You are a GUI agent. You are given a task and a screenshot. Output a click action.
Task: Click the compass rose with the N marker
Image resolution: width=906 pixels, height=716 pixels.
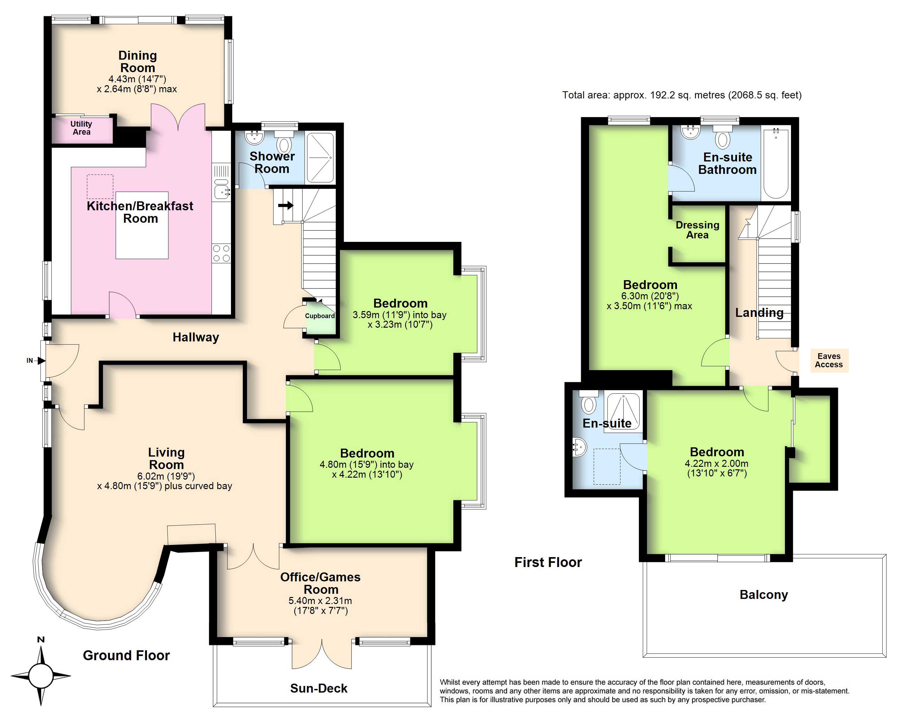[41, 675]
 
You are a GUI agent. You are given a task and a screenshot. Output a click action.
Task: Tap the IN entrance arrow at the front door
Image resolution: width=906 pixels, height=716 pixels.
[41, 361]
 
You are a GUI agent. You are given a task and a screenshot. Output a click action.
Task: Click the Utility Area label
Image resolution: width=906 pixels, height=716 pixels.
[81, 128]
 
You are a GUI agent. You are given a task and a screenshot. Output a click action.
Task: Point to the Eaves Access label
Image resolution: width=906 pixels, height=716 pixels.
[829, 361]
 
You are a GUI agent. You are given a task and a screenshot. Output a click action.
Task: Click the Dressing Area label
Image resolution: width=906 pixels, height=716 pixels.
[697, 230]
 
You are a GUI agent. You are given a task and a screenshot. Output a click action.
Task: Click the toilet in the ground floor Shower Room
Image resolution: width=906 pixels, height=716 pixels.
[284, 143]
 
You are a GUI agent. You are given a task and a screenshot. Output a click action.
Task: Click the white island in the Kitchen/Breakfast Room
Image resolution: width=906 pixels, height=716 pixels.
[142, 225]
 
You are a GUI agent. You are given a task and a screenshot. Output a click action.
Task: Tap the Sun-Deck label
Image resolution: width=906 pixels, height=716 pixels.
[319, 688]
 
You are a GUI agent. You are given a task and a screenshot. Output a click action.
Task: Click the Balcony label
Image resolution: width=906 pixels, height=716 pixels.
[764, 595]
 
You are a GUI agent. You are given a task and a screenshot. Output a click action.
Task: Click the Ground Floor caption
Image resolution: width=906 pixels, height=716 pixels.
[126, 655]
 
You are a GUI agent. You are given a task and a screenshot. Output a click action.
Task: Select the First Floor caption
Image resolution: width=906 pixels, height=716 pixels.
[548, 562]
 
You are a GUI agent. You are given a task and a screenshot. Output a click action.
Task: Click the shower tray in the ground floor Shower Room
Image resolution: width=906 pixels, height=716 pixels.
[320, 158]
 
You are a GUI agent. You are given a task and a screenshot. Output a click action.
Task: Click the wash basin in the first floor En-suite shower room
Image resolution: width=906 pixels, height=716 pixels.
[580, 447]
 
